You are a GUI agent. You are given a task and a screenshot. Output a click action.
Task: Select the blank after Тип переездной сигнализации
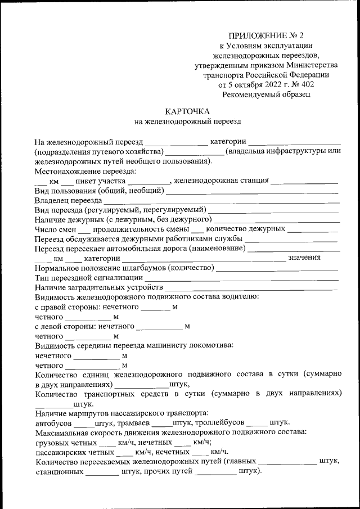click(242, 278)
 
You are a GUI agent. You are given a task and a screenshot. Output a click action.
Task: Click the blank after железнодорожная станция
click(304, 181)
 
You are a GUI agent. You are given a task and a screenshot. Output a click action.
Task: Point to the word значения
click(304, 258)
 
